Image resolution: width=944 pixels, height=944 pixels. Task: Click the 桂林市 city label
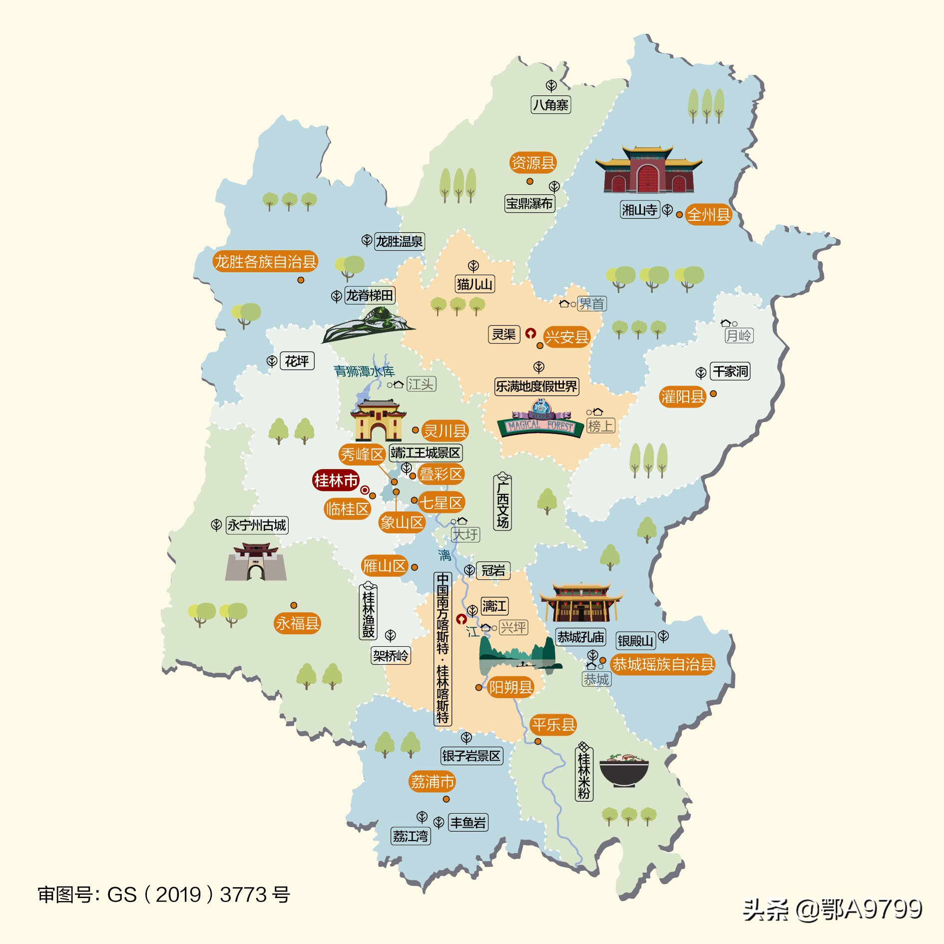tap(336, 480)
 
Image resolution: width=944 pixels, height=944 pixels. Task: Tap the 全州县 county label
tap(708, 215)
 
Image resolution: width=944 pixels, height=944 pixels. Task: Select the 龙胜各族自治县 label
tap(265, 261)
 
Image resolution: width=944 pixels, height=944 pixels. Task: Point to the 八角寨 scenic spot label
tap(550, 105)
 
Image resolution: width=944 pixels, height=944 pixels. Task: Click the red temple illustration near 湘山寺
tap(648, 170)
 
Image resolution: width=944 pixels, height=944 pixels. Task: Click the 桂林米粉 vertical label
tap(584, 775)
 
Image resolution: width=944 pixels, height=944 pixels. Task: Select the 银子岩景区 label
tap(471, 756)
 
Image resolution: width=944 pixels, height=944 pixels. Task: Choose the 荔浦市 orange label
tap(432, 782)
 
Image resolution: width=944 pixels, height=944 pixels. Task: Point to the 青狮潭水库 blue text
tap(364, 371)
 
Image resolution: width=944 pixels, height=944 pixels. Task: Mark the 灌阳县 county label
tap(682, 397)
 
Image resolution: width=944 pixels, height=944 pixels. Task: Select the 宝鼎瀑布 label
tap(529, 203)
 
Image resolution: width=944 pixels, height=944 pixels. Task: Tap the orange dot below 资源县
tap(530, 181)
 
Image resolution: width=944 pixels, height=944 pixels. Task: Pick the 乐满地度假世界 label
tap(536, 386)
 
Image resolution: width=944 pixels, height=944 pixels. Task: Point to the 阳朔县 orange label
tap(510, 687)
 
